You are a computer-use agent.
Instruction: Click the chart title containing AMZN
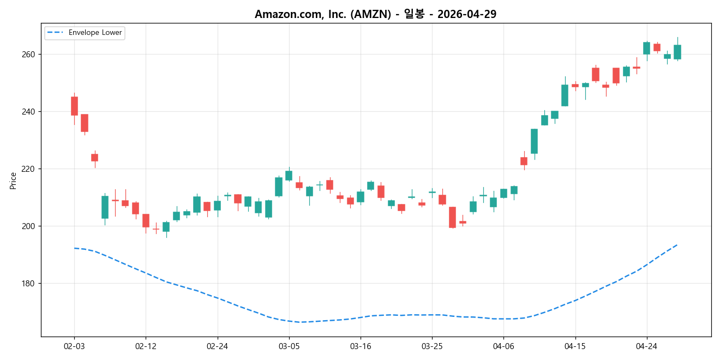375,14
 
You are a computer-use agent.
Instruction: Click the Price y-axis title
13,181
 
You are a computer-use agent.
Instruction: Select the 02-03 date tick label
74,346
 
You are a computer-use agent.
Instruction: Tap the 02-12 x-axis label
146,346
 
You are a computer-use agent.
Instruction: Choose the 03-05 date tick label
289,346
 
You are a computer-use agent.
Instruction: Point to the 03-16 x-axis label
361,346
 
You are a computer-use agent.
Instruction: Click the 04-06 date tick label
503,346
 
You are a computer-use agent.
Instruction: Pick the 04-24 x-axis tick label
646,346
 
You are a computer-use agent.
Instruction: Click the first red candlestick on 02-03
74,106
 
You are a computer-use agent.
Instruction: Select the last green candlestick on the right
677,52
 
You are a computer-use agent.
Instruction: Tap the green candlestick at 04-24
646,48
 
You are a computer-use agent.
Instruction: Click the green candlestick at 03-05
289,176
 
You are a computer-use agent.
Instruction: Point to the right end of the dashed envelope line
677,245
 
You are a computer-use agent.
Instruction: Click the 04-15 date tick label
575,346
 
